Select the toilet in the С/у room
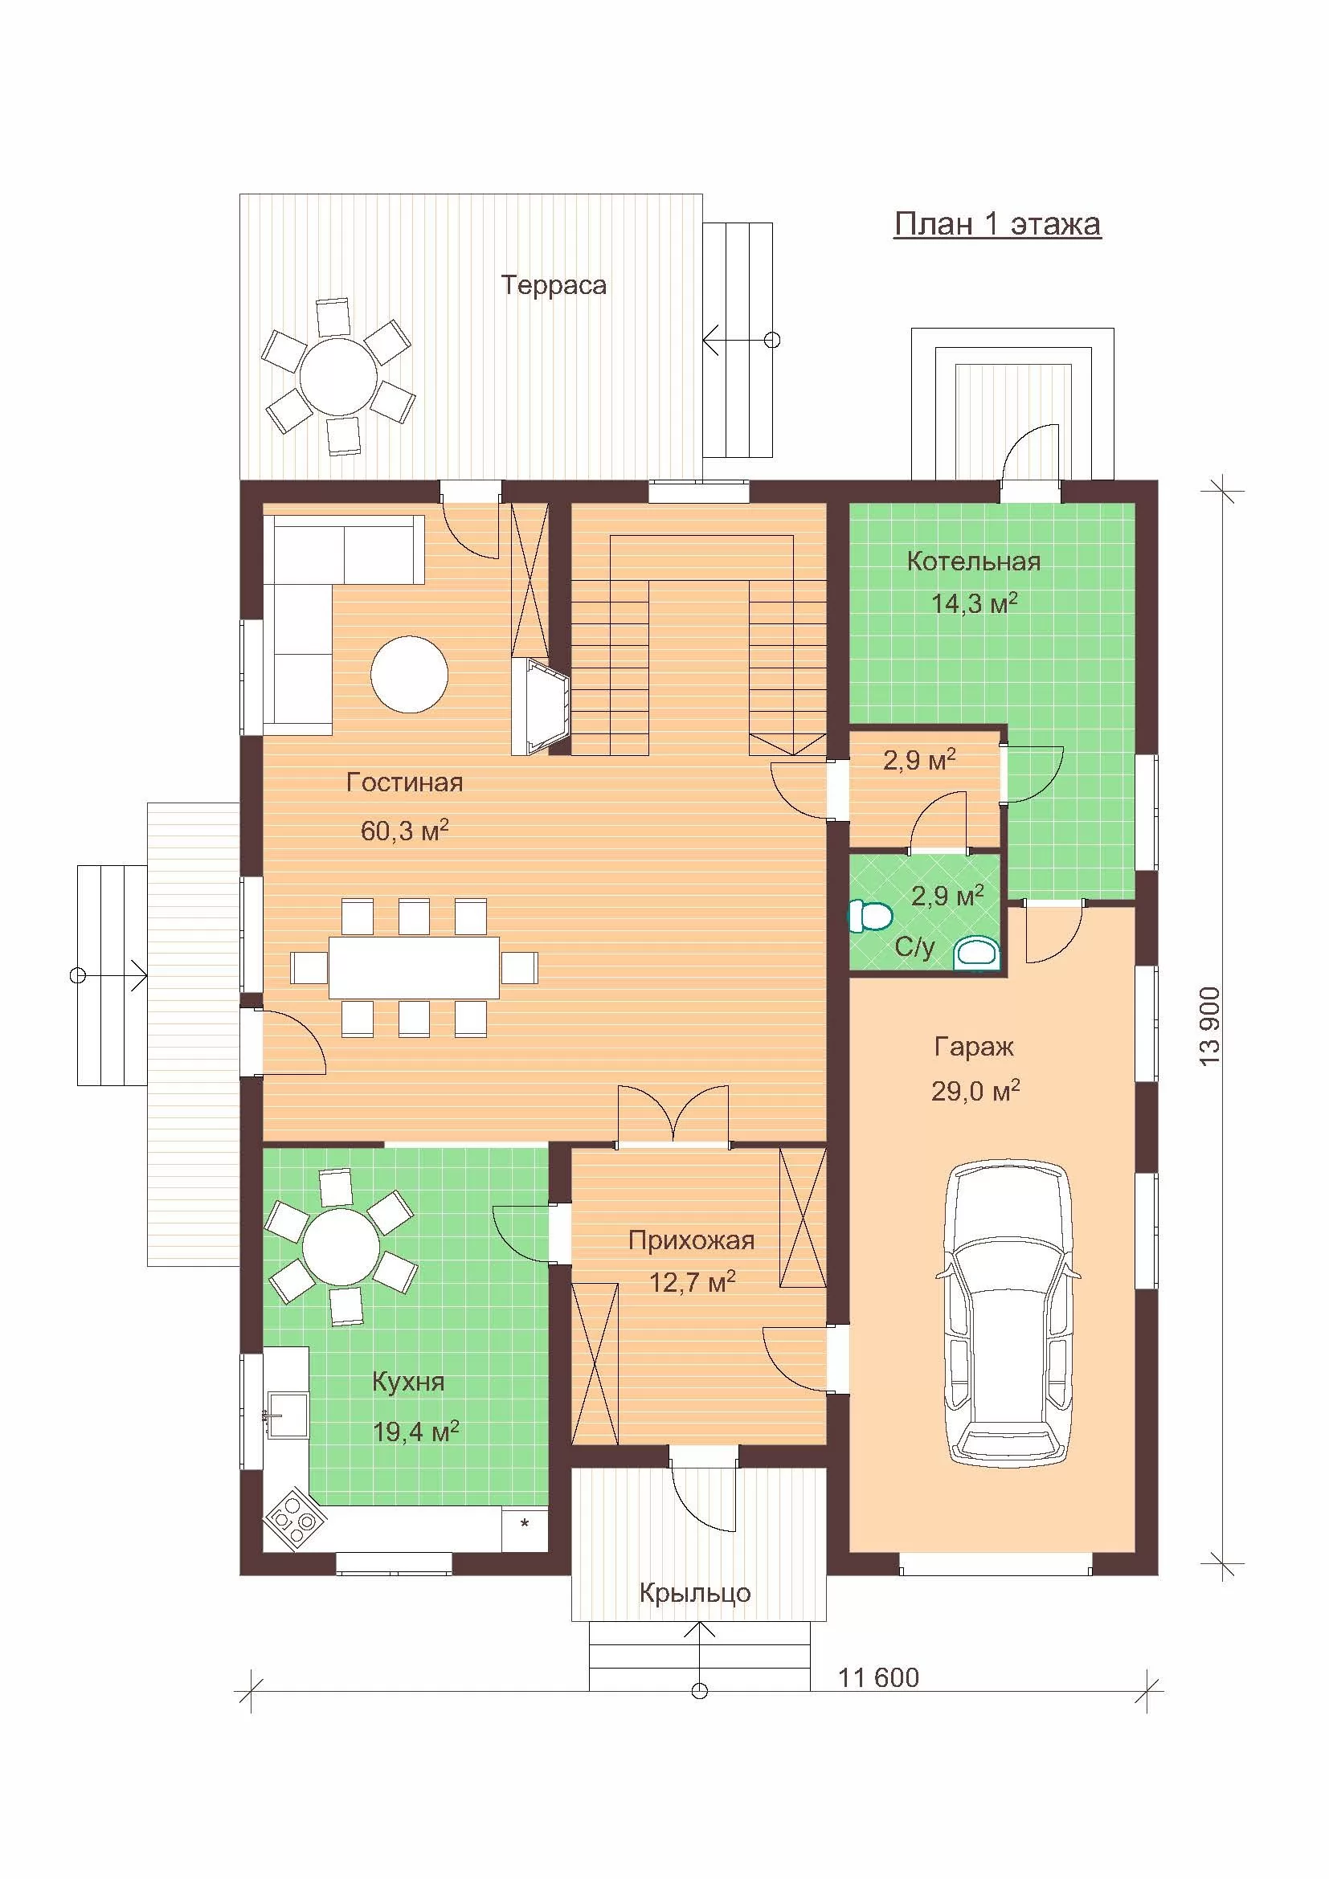tap(869, 916)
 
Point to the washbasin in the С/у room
tap(978, 954)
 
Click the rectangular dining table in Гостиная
tap(414, 967)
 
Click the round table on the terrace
tap(338, 377)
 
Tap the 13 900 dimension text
tap(1209, 1026)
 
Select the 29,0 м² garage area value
tap(975, 1090)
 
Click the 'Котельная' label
tap(974, 562)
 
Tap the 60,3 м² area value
tap(404, 831)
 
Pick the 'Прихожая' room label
tap(692, 1240)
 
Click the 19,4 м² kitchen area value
tap(415, 1432)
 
